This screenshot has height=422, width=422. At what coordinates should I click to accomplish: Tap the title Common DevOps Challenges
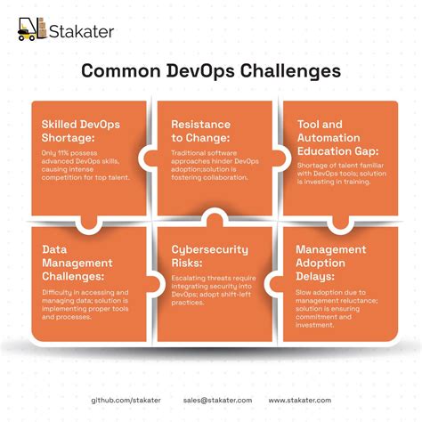click(211, 71)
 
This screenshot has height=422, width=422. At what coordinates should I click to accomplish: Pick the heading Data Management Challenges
click(77, 263)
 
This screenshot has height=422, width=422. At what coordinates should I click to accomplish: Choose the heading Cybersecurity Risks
click(210, 256)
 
